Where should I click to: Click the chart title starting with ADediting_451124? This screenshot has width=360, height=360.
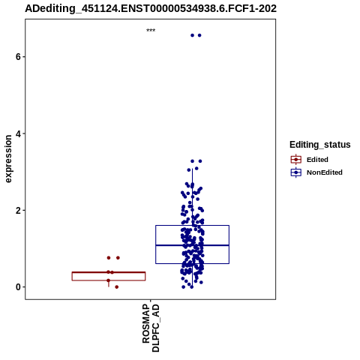pyautogui.click(x=151, y=8)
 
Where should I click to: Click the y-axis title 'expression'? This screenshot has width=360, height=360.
pyautogui.click(x=8, y=159)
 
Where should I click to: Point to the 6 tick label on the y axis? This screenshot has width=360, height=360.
pyautogui.click(x=18, y=57)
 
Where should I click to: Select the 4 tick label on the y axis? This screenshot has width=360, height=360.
pyautogui.click(x=18, y=133)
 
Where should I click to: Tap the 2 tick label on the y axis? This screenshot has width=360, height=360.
pyautogui.click(x=18, y=210)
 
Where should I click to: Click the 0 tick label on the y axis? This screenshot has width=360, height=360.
pyautogui.click(x=18, y=287)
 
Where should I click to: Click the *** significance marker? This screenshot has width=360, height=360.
pyautogui.click(x=151, y=31)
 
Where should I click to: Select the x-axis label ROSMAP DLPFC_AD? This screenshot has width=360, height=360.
pyautogui.click(x=151, y=328)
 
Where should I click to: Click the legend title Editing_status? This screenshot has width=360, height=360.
pyautogui.click(x=320, y=145)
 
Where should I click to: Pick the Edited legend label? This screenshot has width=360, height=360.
pyautogui.click(x=317, y=160)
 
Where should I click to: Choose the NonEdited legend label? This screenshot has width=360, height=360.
pyautogui.click(x=325, y=172)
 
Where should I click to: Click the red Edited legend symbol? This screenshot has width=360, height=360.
pyautogui.click(x=296, y=160)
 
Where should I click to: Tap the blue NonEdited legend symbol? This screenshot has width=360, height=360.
pyautogui.click(x=296, y=172)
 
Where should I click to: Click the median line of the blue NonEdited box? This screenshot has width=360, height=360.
pyautogui.click(x=192, y=245)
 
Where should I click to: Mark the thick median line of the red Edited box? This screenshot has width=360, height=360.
pyautogui.click(x=109, y=272)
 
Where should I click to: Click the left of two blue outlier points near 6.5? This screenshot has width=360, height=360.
pyautogui.click(x=192, y=35)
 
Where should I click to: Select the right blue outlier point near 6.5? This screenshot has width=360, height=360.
pyautogui.click(x=199, y=35)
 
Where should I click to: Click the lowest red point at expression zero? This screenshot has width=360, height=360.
pyautogui.click(x=116, y=287)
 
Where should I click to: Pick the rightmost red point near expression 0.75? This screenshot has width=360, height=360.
pyautogui.click(x=118, y=258)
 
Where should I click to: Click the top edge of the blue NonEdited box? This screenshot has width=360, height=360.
pyautogui.click(x=192, y=226)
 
